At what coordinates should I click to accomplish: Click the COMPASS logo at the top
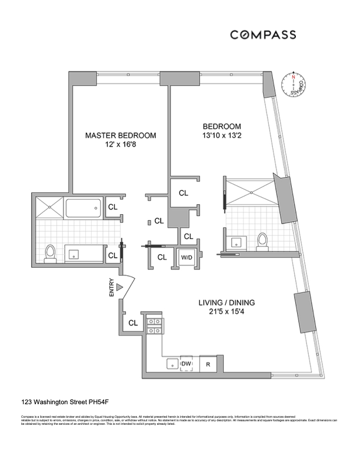click(262, 35)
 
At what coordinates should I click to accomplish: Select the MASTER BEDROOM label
click(121, 135)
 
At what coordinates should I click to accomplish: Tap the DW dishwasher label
click(186, 365)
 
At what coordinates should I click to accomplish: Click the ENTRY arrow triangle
click(119, 287)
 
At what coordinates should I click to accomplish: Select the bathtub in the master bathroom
click(83, 208)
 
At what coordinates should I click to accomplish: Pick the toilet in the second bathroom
click(262, 241)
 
